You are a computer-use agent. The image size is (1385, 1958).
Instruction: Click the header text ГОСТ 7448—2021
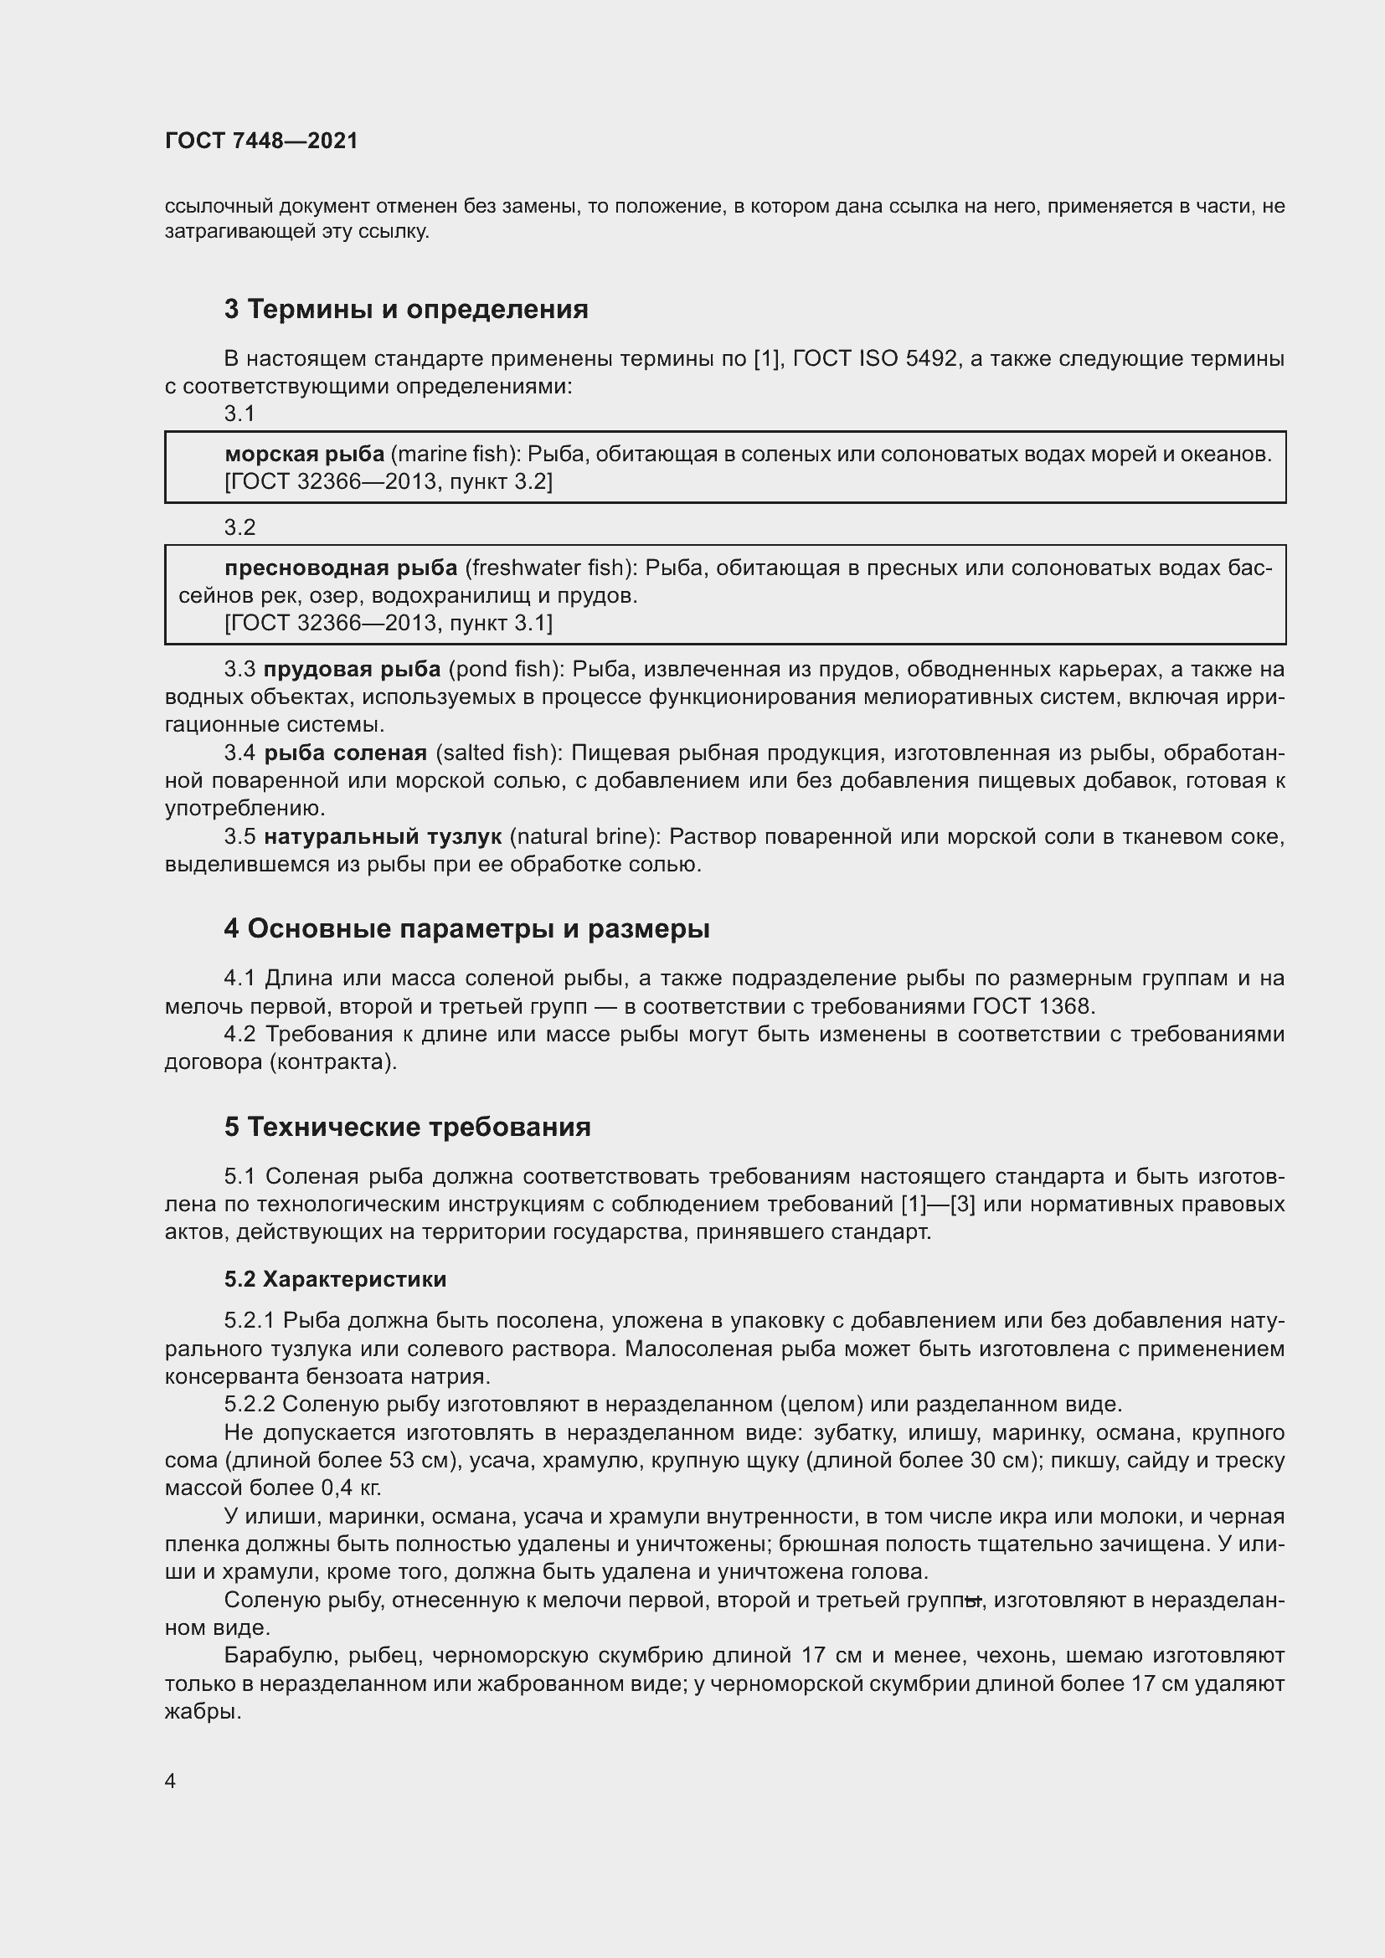(x=261, y=141)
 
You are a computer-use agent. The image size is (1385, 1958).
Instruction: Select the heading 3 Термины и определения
(x=406, y=309)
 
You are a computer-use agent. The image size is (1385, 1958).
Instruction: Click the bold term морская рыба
(x=305, y=455)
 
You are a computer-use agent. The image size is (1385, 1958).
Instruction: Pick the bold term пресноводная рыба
(x=341, y=568)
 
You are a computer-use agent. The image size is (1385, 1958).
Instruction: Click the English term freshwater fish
(x=549, y=568)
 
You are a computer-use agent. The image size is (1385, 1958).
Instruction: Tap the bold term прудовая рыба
(x=353, y=670)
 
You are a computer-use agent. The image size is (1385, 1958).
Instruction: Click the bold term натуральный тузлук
(x=383, y=836)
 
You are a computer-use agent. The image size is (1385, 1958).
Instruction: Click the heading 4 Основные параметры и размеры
(x=466, y=928)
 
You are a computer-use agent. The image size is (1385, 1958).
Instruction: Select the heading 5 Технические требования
(x=408, y=1128)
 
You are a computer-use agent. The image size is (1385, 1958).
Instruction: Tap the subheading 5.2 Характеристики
(x=335, y=1279)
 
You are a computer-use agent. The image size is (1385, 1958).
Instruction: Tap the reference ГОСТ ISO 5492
(x=874, y=359)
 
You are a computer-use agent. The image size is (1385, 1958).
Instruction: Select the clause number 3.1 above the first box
(x=239, y=414)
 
